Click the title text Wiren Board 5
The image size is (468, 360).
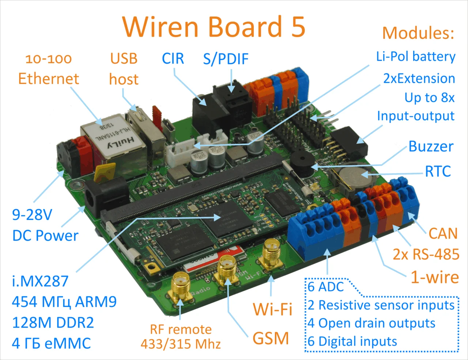214,27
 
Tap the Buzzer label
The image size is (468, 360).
431,147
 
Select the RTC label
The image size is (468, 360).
438,171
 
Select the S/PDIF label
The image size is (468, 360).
226,59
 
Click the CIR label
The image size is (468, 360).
173,58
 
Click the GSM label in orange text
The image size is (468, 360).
271,338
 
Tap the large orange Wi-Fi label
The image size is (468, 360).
273,309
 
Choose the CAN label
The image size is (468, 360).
443,234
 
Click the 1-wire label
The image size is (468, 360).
435,277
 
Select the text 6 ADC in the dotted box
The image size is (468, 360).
326,287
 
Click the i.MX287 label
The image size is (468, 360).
40,281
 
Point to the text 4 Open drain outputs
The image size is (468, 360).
371,323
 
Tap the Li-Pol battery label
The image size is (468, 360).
416,57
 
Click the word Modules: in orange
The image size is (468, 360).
418,33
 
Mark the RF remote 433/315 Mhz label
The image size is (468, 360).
181,337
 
